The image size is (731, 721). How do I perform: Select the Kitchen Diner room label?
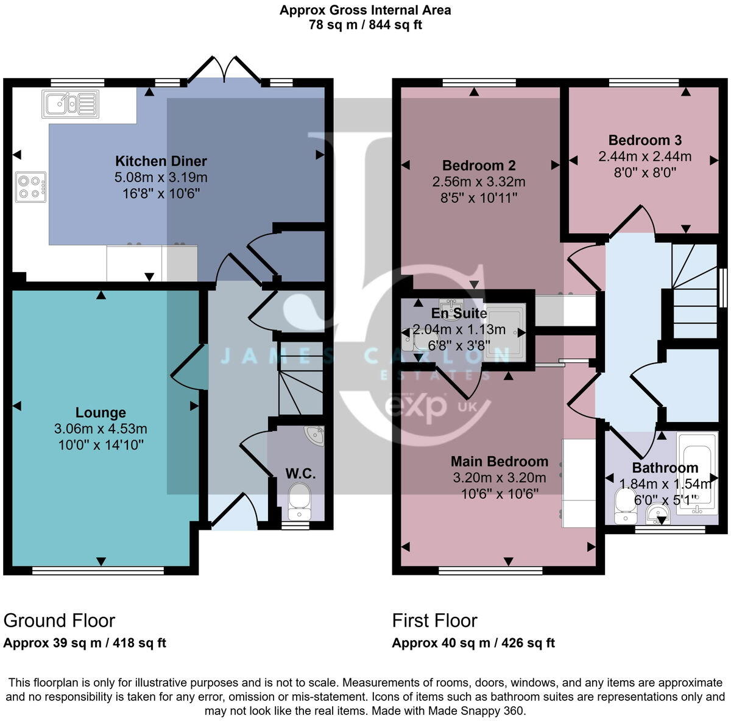161,161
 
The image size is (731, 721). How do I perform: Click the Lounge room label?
101,413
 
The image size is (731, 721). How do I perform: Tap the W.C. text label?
300,474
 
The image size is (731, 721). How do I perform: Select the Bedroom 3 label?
644,140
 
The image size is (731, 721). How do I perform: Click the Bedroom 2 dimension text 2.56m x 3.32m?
479,181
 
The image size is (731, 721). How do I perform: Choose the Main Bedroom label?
499,462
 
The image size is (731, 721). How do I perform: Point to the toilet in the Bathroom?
625,507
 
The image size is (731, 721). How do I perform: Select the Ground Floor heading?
59,621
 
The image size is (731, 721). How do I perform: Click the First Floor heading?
434,621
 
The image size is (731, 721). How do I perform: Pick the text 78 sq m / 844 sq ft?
365,25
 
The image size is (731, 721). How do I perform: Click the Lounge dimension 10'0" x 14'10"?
101,445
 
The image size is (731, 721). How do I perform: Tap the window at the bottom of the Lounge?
98,571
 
